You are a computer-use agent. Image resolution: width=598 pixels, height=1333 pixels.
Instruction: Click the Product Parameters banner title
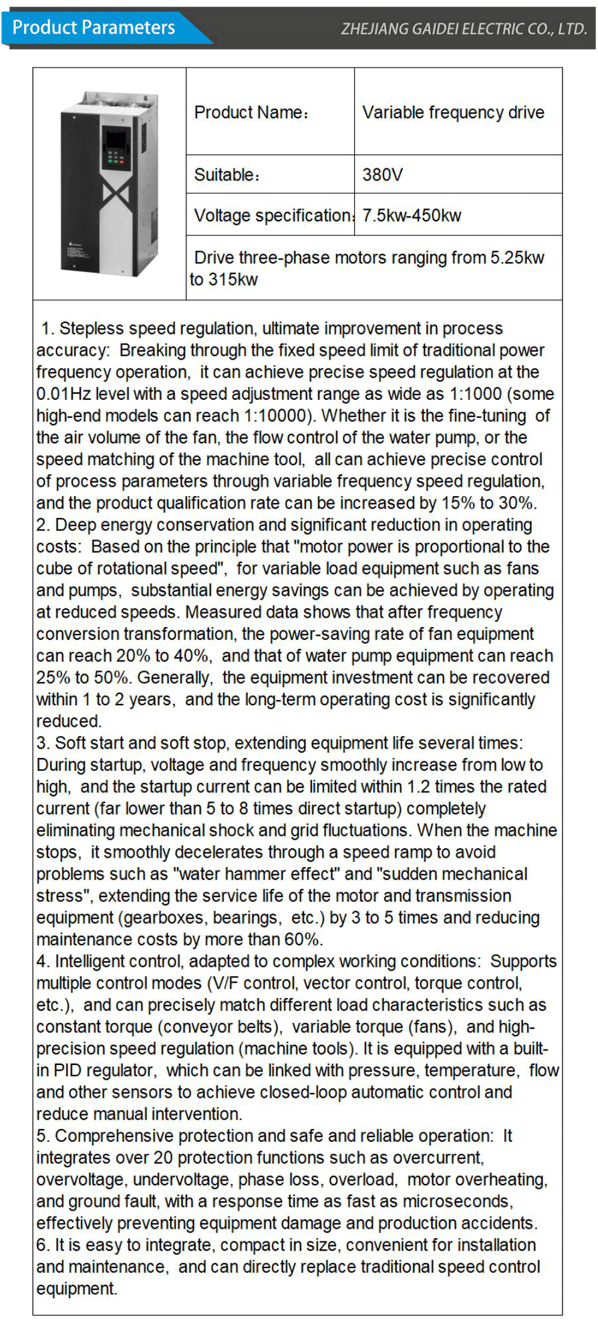click(94, 28)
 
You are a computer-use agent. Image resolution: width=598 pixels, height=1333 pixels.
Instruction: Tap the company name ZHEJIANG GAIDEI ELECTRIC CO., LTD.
click(464, 29)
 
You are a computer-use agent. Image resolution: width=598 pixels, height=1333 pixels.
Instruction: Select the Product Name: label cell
click(251, 112)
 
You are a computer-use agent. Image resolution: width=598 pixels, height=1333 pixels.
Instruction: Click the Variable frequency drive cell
click(453, 112)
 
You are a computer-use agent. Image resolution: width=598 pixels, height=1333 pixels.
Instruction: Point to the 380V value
click(382, 175)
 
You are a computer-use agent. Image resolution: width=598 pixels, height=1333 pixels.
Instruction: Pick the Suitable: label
click(227, 175)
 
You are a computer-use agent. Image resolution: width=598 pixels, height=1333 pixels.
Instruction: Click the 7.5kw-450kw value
click(412, 216)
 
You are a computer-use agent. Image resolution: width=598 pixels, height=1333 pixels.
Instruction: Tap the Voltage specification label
click(273, 216)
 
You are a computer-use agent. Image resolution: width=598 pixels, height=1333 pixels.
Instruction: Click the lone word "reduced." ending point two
click(69, 721)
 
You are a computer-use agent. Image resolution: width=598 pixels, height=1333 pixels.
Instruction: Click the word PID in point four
click(67, 1071)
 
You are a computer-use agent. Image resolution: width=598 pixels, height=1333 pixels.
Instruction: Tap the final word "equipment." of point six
click(77, 1289)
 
